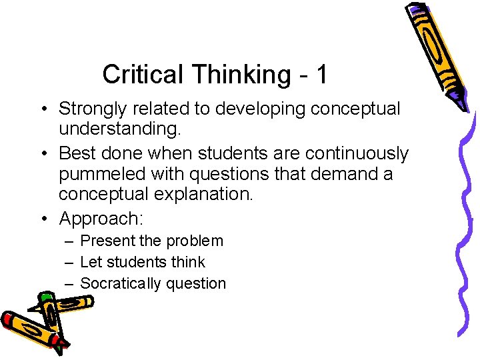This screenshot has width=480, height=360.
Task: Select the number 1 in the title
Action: coord(321,75)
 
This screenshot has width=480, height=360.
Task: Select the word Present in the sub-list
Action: coord(106,241)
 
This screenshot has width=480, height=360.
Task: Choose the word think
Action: coord(188,262)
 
